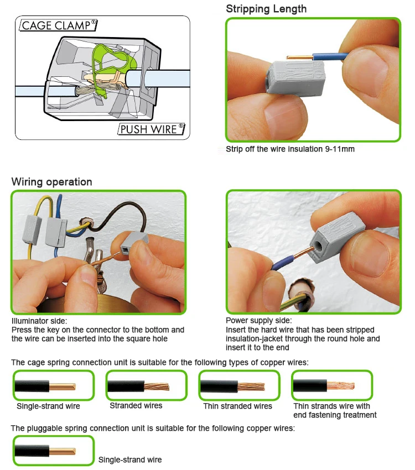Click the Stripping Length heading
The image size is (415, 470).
[266, 9]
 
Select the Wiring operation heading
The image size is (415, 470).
[52, 182]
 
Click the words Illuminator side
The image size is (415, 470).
[39, 321]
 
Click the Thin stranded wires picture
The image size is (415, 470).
[238, 385]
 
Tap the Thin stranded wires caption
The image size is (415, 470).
[237, 406]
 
